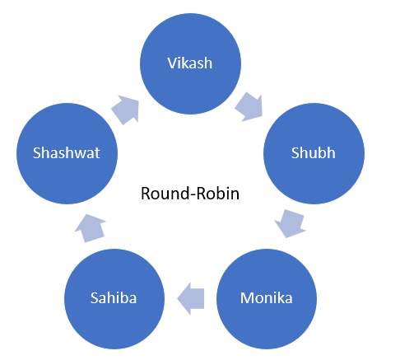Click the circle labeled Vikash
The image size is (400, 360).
[x=190, y=63]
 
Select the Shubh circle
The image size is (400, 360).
[x=314, y=153]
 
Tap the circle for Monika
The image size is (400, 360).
[x=267, y=299]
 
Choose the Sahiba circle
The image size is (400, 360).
[x=114, y=299]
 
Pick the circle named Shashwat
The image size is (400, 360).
[x=67, y=153]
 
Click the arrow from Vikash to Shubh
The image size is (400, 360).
[x=249, y=107]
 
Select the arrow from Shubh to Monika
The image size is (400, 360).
[x=291, y=223]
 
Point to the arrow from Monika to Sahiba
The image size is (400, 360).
[x=191, y=298]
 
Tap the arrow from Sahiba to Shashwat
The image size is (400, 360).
[x=90, y=228]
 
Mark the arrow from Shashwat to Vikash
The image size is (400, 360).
[x=126, y=110]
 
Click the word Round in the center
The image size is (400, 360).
[x=165, y=194]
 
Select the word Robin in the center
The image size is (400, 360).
[x=218, y=194]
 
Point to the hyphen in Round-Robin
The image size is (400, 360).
[x=193, y=195]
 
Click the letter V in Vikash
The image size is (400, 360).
[x=172, y=63]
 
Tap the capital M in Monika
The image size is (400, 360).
[x=246, y=298]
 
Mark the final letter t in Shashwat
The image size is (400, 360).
[x=97, y=153]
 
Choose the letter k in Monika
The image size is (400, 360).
[x=279, y=297]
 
